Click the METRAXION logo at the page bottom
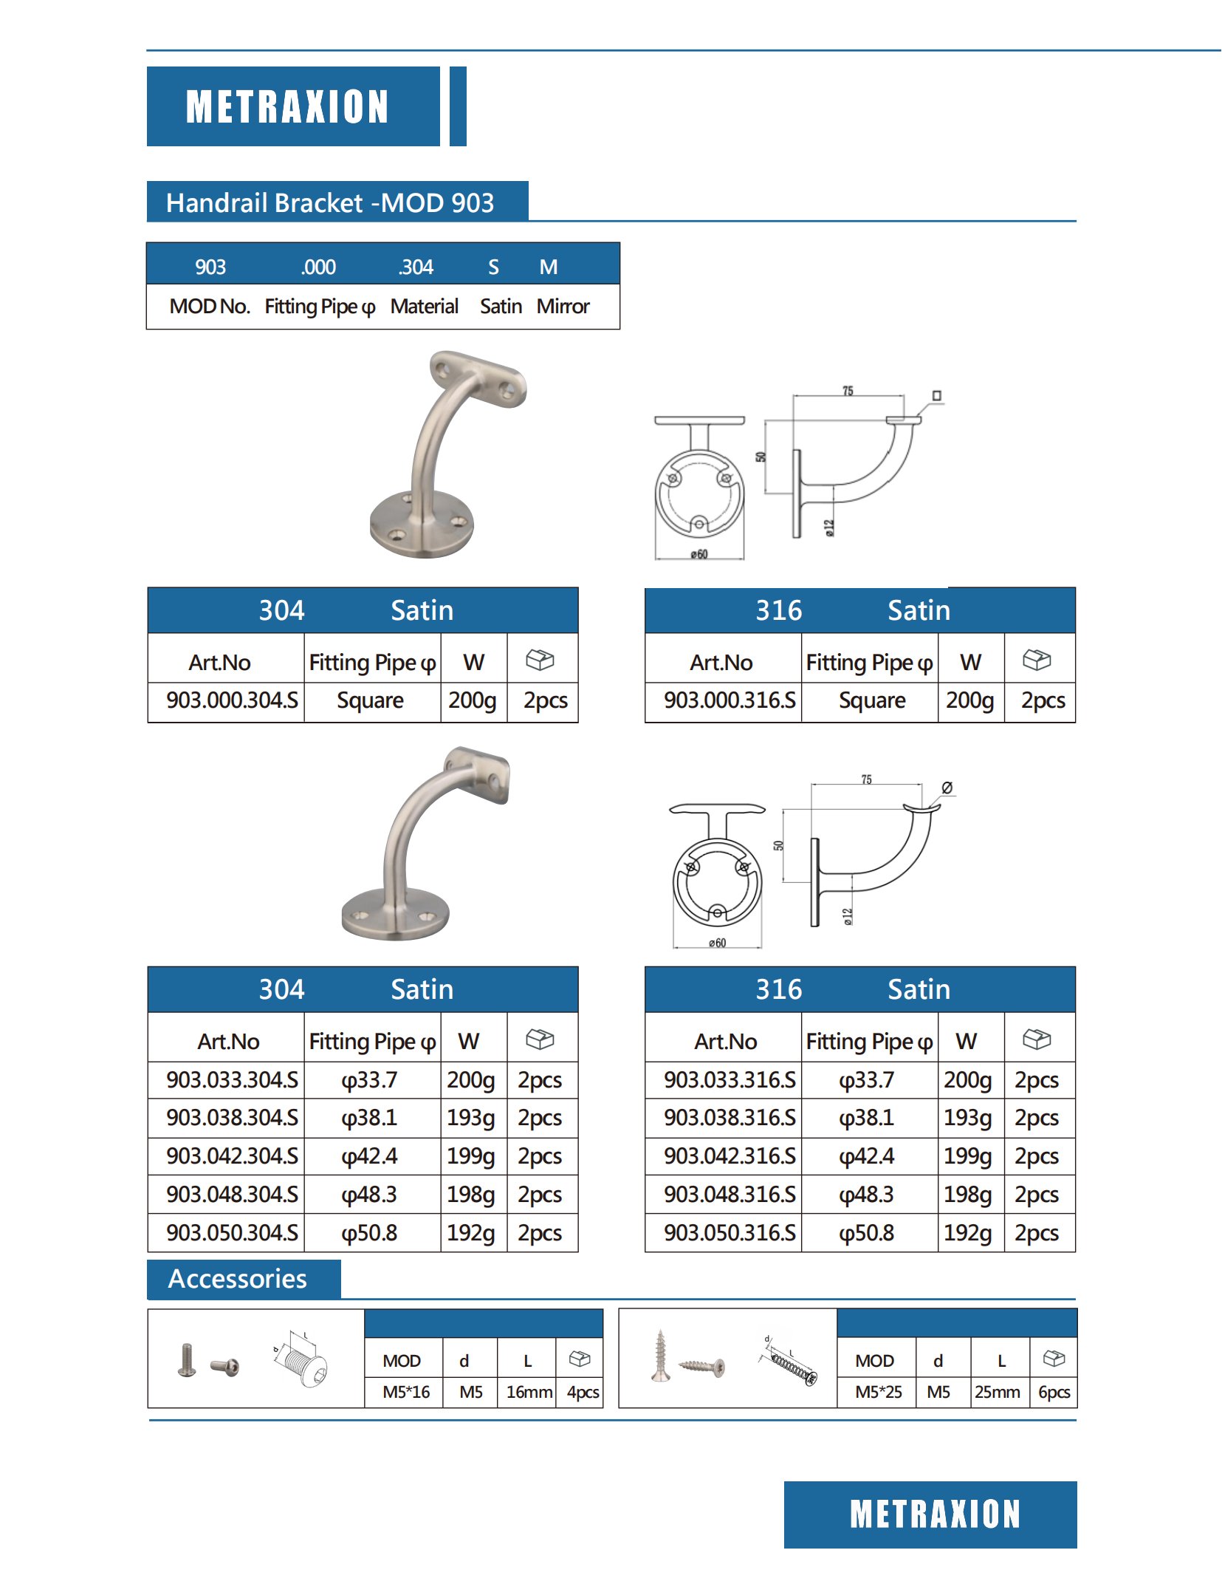point(934,1514)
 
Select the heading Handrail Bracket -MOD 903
point(330,202)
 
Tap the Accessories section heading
point(237,1278)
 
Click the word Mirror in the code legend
point(563,306)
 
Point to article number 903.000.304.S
point(232,700)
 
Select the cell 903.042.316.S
point(729,1155)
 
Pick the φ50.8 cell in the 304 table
point(369,1232)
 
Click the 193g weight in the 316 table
point(967,1117)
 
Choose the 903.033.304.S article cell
point(232,1079)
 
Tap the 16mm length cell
point(529,1392)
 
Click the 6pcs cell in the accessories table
point(1054,1392)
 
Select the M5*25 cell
point(878,1392)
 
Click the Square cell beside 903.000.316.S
point(871,700)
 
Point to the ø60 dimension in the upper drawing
point(698,554)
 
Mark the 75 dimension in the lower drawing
point(866,779)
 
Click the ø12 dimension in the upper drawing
point(829,528)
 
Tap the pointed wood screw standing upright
point(660,1356)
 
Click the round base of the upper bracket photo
point(422,525)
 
